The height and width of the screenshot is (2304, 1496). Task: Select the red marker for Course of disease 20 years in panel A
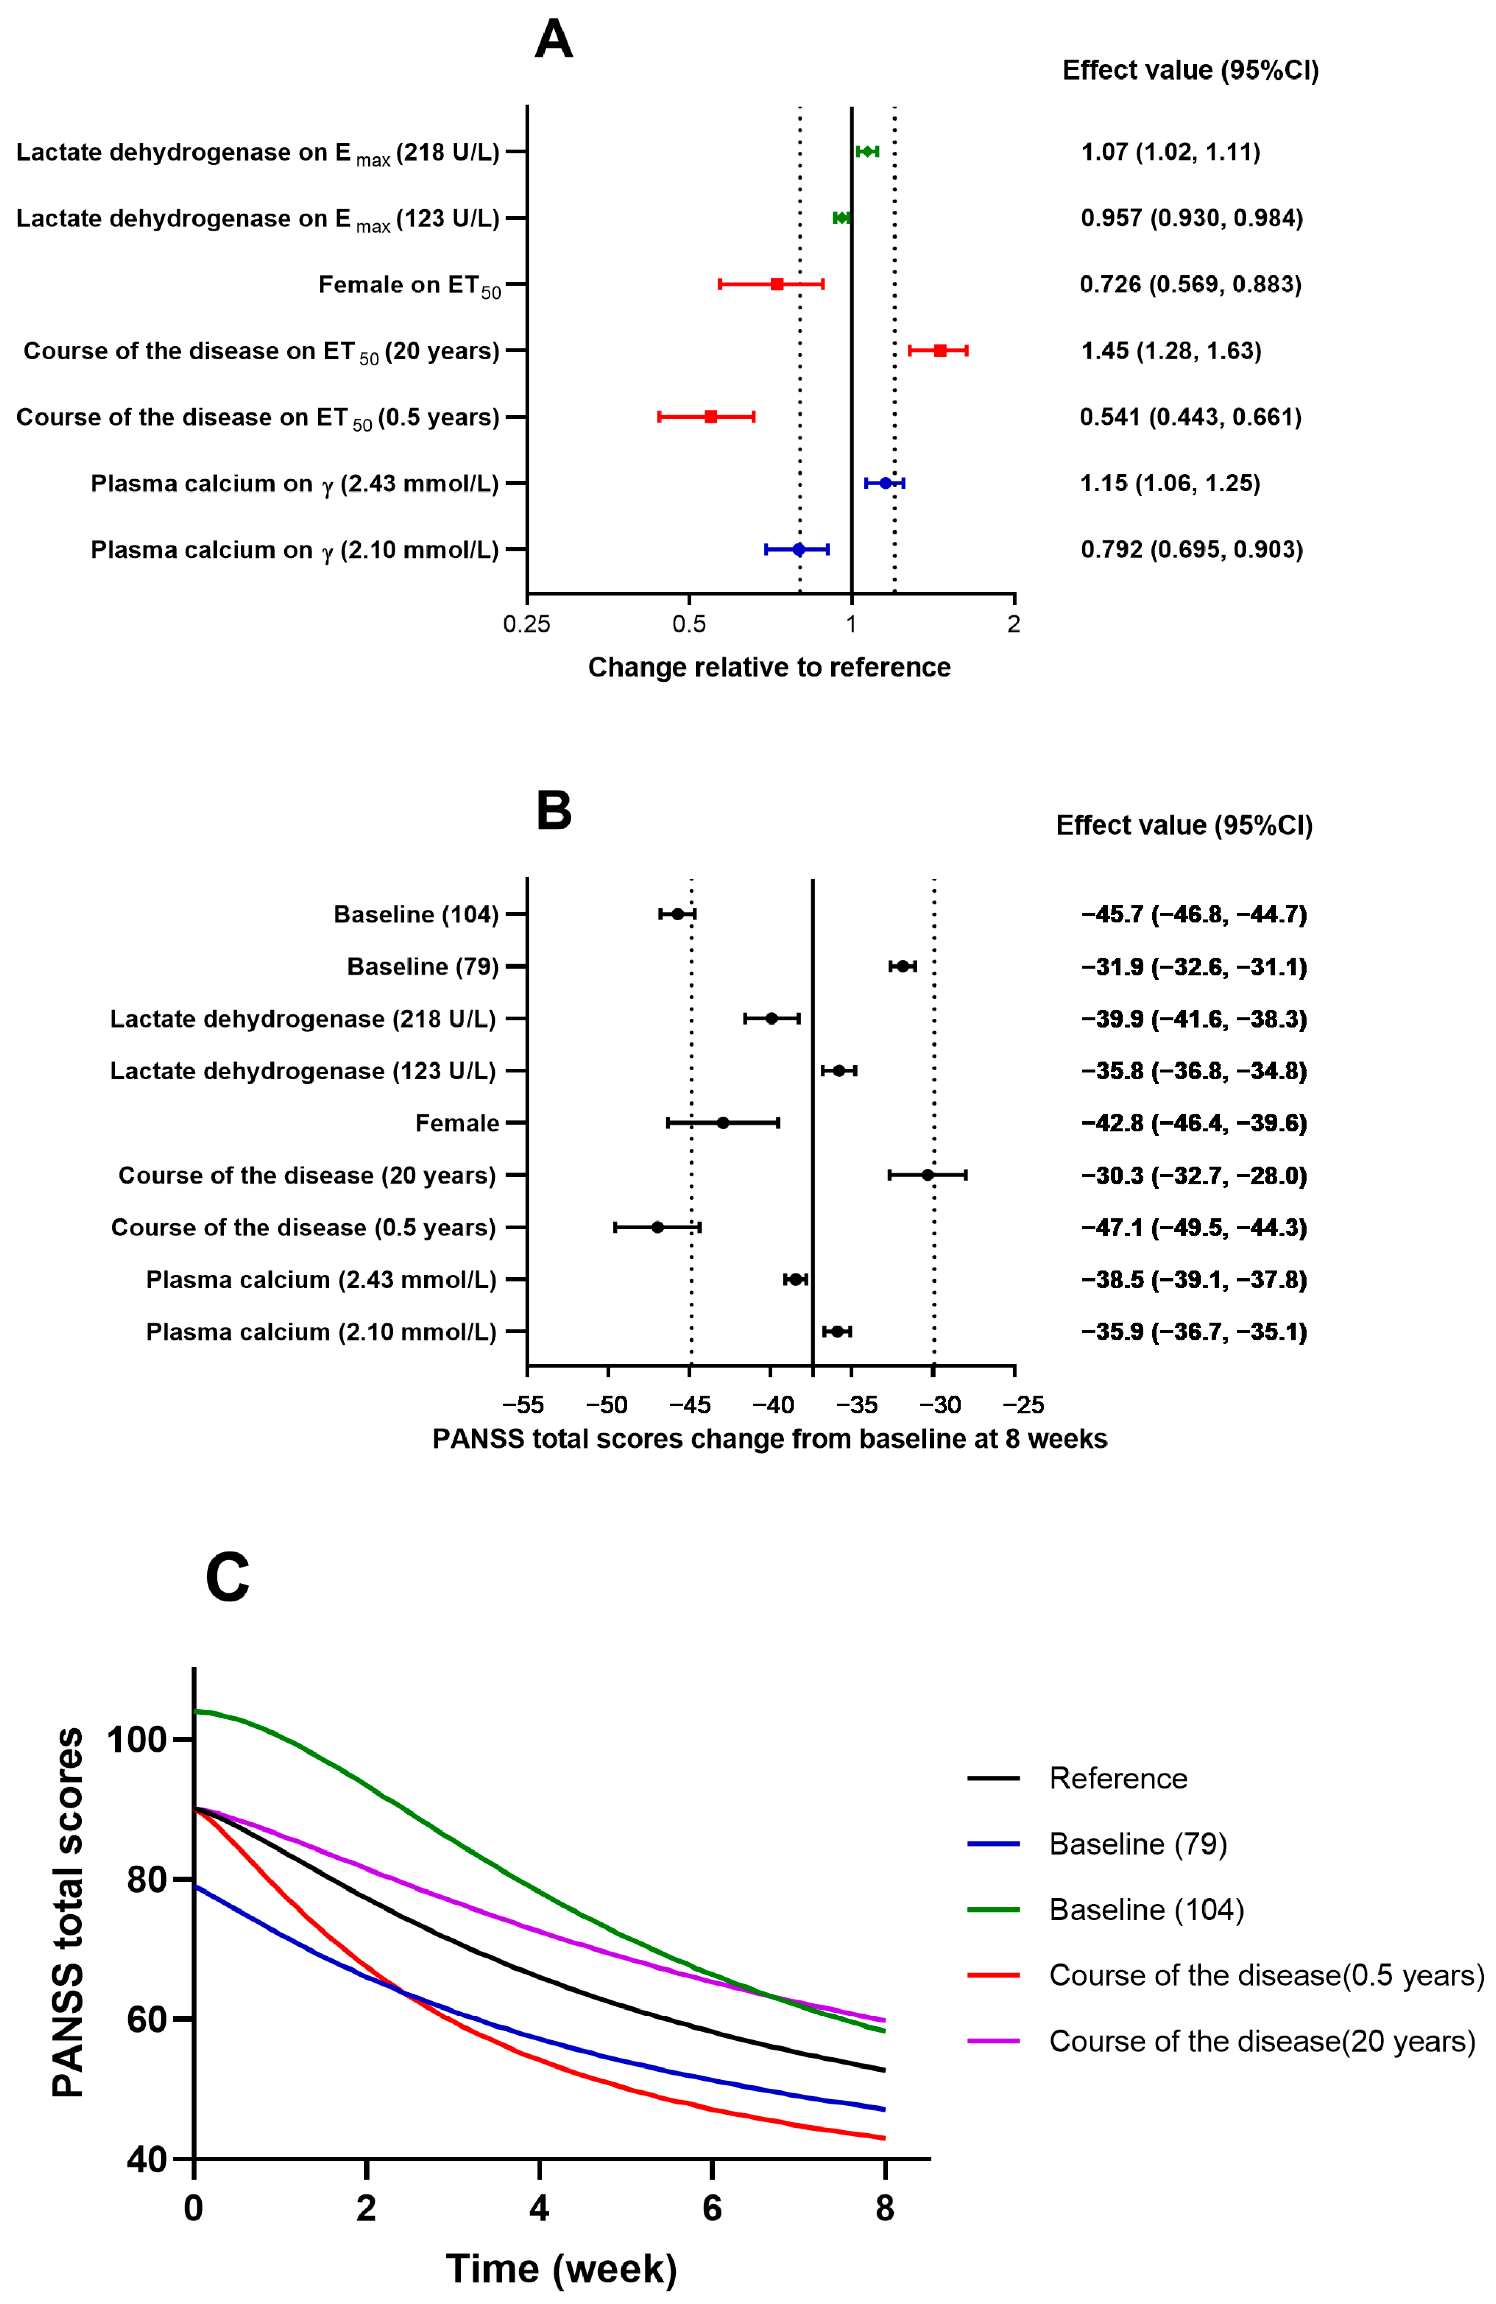point(939,350)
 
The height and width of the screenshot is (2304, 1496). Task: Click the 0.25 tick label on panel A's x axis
point(527,624)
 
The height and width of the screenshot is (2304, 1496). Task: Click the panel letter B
point(554,810)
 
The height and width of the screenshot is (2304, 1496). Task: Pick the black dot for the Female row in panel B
point(723,1123)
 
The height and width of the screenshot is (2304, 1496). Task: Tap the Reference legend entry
point(1117,1778)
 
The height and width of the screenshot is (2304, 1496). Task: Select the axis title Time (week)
point(561,2268)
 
